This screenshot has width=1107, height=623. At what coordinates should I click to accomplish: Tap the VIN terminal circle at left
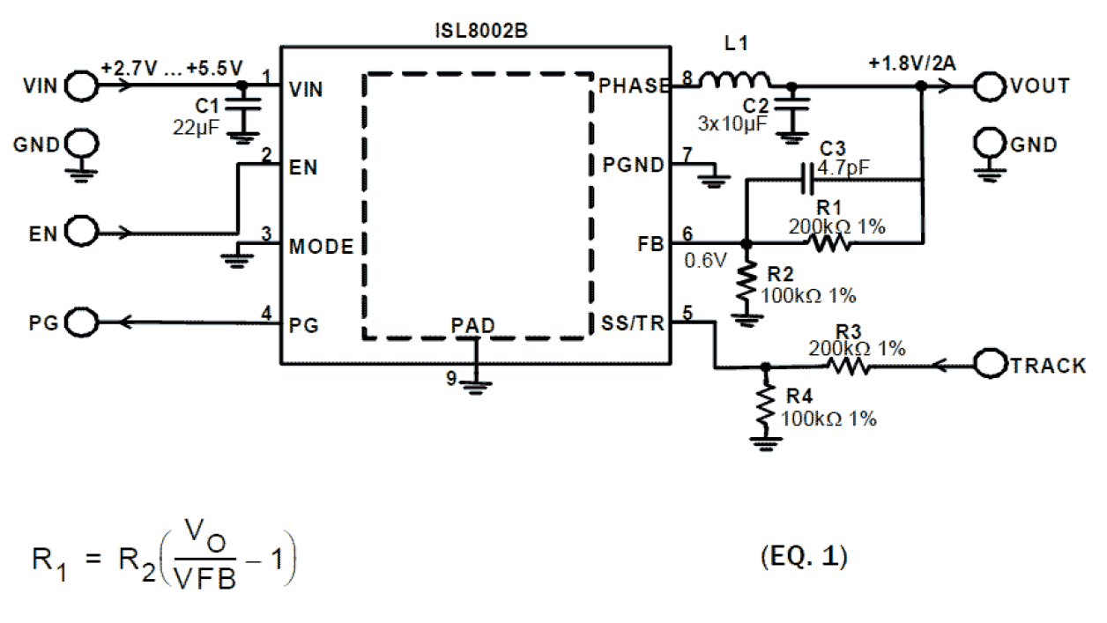[x=81, y=86]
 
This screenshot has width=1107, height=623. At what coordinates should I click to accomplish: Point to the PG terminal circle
[x=81, y=323]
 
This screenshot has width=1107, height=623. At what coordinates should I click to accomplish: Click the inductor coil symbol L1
[x=735, y=82]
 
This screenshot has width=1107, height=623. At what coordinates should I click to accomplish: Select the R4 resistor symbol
[x=766, y=404]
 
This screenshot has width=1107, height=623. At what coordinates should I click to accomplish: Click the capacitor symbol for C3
[x=806, y=181]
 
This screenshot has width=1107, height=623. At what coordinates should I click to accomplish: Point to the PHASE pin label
[x=634, y=86]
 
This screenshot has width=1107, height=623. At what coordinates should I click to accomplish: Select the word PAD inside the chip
[x=472, y=325]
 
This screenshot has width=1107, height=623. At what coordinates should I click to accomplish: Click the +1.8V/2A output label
[x=910, y=63]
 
